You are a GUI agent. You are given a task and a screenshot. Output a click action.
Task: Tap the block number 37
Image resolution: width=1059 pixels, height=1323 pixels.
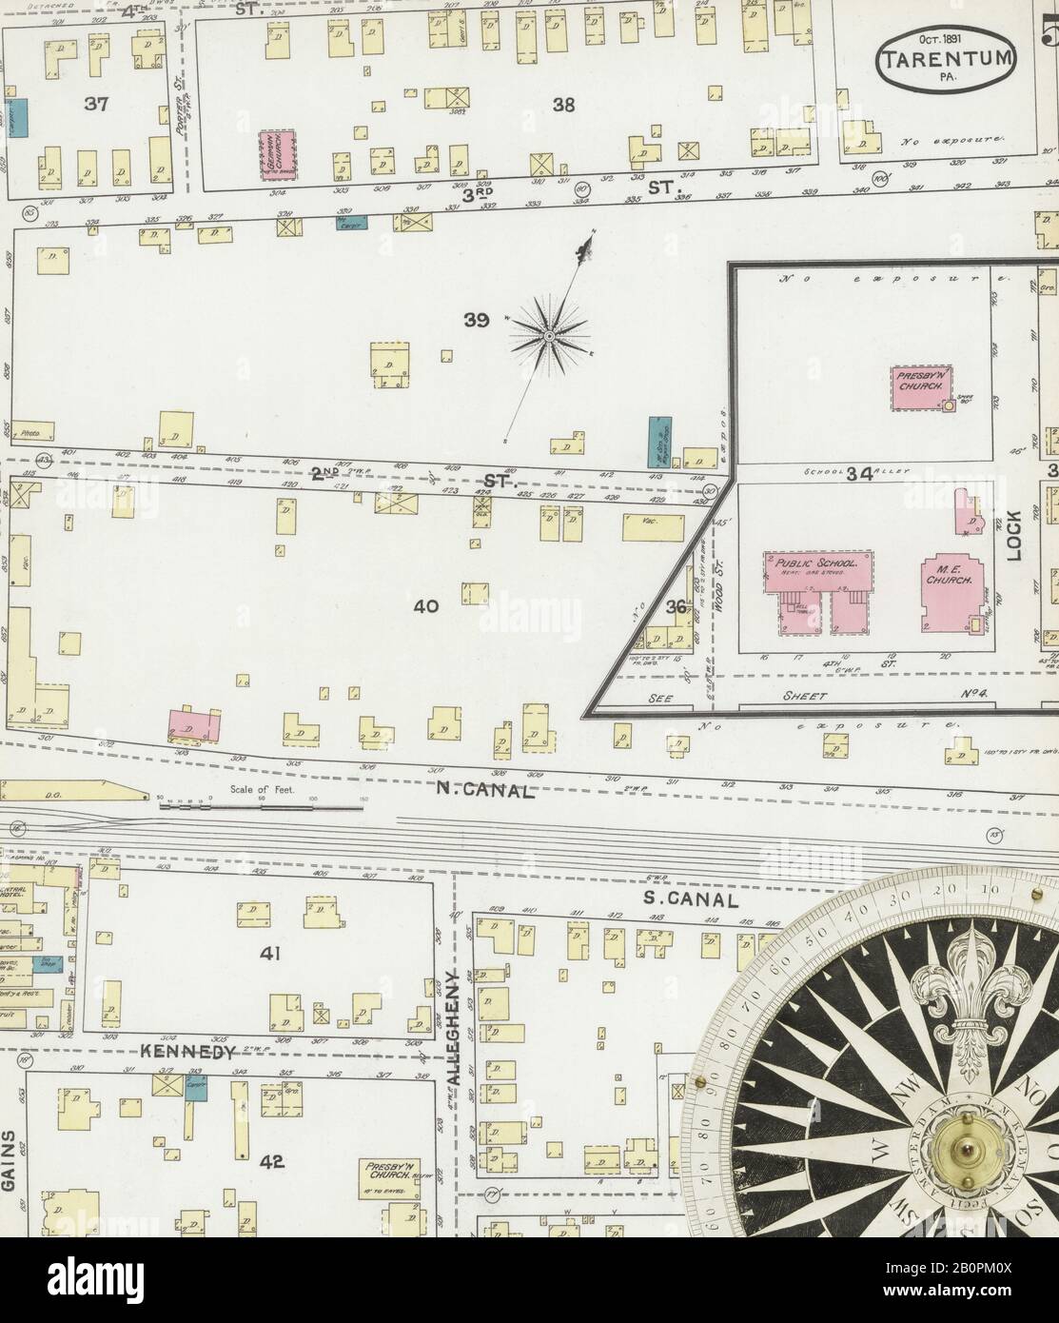click(x=96, y=104)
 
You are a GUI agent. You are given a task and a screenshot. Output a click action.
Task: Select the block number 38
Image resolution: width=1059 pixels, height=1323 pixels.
click(x=564, y=105)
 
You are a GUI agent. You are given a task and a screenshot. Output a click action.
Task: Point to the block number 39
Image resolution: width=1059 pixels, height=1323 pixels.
click(x=477, y=321)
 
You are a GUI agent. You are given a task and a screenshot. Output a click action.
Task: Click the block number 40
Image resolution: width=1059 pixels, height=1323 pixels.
click(x=425, y=605)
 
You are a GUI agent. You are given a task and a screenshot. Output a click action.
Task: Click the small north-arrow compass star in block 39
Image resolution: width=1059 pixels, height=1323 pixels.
click(x=550, y=336)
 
